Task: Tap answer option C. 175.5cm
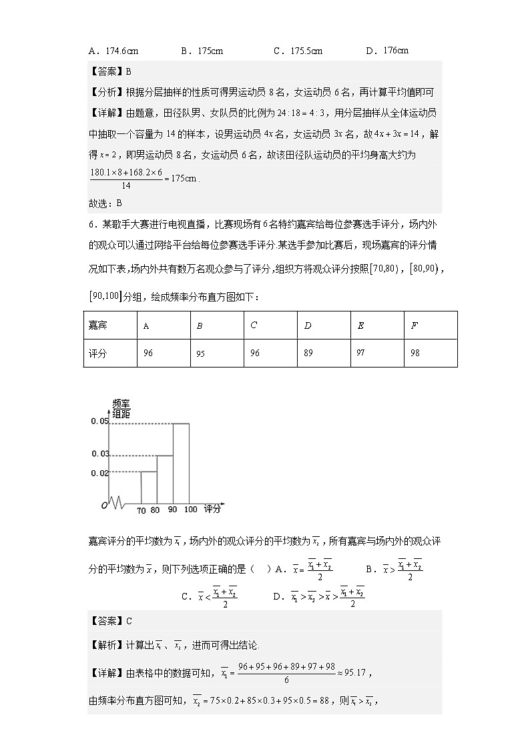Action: coord(298,50)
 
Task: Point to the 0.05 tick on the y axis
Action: coord(99,422)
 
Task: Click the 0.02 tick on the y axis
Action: coord(99,473)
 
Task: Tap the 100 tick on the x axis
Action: coord(191,510)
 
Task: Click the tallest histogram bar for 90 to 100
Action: coord(181,463)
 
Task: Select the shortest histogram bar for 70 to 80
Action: coord(148,488)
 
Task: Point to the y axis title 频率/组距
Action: coord(121,409)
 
